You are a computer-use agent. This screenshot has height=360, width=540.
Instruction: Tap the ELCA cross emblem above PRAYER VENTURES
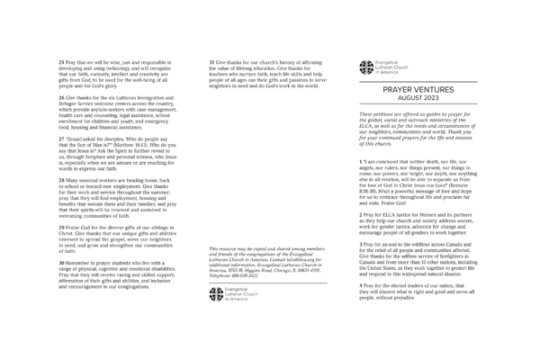point(365,65)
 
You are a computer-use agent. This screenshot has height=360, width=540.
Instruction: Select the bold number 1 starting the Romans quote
point(360,160)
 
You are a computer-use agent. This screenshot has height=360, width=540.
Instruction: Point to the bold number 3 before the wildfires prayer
point(360,244)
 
